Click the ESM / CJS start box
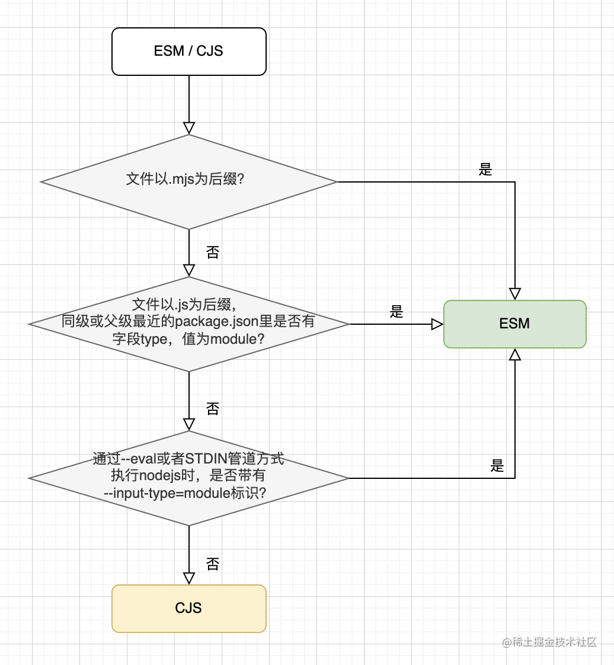[x=188, y=52]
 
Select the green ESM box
[x=514, y=324]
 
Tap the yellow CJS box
[x=188, y=608]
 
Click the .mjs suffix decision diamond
[x=188, y=181]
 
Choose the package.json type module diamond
[x=188, y=324]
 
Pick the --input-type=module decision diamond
[x=188, y=478]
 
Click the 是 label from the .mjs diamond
[x=485, y=170]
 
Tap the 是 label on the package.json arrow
[x=396, y=312]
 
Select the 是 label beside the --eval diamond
[x=497, y=466]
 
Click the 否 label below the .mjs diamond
[x=212, y=252]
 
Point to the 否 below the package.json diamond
[x=212, y=408]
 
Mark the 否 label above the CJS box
[x=212, y=563]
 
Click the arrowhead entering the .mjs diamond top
[x=188, y=128]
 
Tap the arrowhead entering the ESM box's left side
[x=437, y=324]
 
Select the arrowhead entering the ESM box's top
[x=514, y=293]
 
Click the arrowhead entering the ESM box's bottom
[x=514, y=354]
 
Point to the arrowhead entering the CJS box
[x=188, y=578]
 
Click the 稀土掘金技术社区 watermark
[x=549, y=642]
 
